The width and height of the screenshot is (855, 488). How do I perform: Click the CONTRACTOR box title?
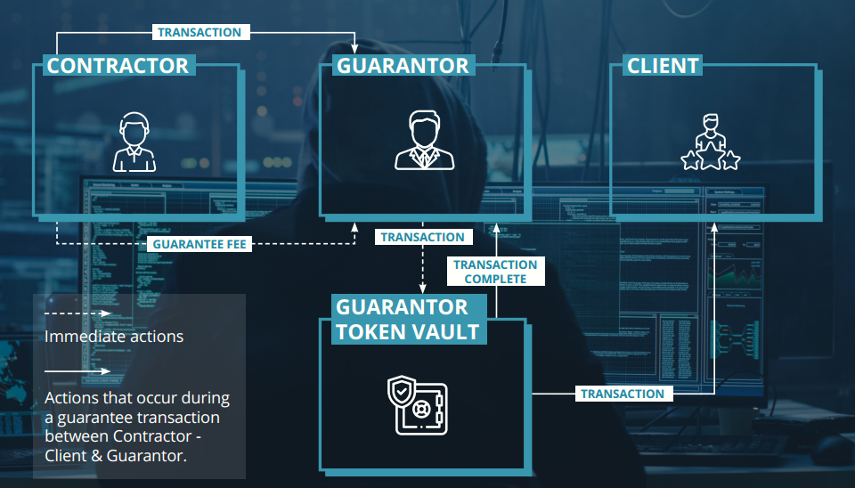coord(118,65)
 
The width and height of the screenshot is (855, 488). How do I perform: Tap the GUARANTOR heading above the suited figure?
coord(403,65)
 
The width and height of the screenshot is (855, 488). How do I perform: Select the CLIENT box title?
coord(663,65)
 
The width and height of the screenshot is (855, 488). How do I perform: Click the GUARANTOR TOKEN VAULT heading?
coord(407,319)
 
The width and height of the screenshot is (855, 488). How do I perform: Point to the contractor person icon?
coord(134,142)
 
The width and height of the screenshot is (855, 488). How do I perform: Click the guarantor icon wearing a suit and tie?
coord(424,140)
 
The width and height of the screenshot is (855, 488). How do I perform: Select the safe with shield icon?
coord(417,405)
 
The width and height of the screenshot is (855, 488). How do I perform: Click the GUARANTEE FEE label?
coord(199,244)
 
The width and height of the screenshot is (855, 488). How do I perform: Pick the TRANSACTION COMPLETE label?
coord(495,272)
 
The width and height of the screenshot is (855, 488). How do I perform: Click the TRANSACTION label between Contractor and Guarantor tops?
coord(199,32)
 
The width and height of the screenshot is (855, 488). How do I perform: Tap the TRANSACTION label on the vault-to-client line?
coord(623,394)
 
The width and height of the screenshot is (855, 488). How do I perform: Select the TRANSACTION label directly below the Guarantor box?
coord(422,237)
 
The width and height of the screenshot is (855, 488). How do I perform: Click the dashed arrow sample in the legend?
coord(77,313)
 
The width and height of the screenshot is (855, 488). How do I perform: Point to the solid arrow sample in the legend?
coord(77,371)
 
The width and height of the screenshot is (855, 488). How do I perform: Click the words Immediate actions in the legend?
coord(114,337)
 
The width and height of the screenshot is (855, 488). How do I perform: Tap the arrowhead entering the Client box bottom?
coord(714,227)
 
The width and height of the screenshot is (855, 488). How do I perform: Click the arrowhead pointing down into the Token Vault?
coord(422,288)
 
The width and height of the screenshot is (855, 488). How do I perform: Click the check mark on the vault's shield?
coord(402,391)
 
